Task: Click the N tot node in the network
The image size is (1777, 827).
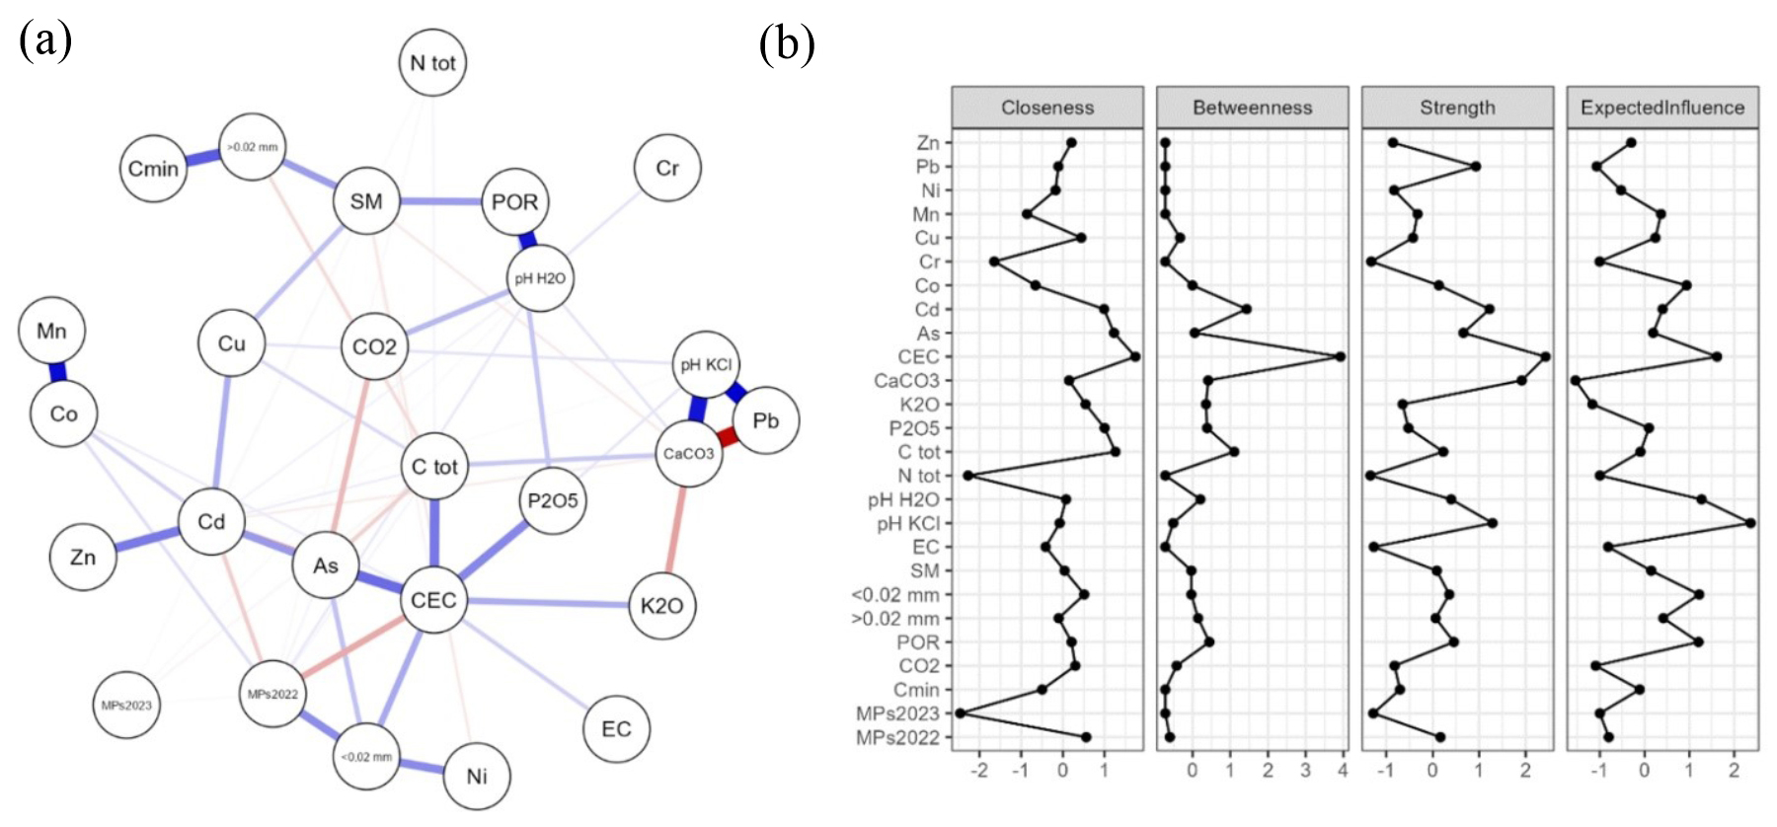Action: click(432, 63)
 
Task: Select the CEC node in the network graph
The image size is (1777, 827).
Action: click(433, 600)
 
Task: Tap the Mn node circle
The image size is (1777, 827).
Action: click(51, 331)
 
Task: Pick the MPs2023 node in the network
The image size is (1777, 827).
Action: click(126, 706)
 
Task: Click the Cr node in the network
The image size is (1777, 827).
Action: click(667, 168)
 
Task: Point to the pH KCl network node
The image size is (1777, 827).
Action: click(706, 364)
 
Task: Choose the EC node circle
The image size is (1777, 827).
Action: click(616, 729)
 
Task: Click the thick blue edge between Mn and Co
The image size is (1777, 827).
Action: click(57, 372)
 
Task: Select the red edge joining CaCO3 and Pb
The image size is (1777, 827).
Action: click(729, 436)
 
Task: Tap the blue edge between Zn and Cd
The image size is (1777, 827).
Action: click(147, 540)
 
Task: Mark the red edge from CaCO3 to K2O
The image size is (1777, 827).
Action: click(676, 530)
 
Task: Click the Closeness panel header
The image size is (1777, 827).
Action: click(1047, 108)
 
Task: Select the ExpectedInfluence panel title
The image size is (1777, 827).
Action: click(1662, 108)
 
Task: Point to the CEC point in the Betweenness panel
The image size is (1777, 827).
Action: click(1340, 356)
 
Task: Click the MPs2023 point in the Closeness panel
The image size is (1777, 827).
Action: click(960, 713)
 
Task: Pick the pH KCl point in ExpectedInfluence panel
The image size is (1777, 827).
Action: click(1750, 523)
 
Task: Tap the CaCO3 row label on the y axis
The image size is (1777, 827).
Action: click(906, 381)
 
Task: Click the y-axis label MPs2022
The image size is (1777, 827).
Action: click(897, 737)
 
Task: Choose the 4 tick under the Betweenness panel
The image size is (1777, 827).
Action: click(1343, 771)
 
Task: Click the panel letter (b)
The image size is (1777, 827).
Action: click(787, 44)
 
